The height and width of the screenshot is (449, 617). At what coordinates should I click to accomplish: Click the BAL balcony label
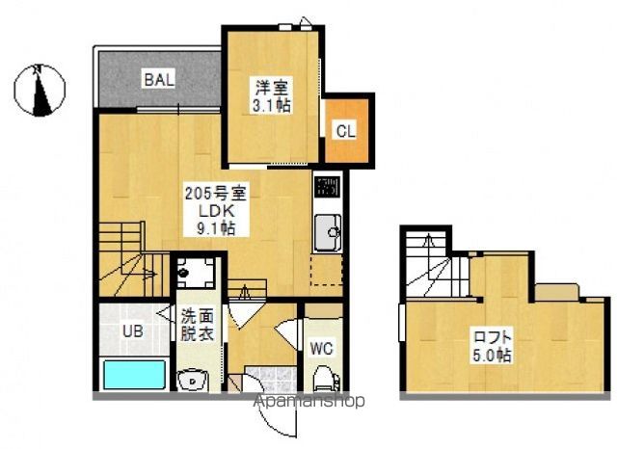pos(159,80)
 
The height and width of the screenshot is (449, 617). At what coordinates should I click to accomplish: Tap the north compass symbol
pos(40,91)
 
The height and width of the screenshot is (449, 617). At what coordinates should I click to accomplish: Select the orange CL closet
pos(347,130)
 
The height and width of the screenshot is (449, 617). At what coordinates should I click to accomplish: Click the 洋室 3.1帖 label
pos(272,96)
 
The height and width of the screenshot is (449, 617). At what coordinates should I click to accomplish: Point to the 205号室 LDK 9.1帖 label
pos(216,211)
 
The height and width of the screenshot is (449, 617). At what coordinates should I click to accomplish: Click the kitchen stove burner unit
pos(327,186)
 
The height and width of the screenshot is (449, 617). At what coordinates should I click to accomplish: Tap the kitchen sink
pos(328,232)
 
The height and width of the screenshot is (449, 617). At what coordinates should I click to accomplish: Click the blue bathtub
pos(134,375)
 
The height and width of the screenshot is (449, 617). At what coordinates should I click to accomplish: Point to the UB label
pos(133,331)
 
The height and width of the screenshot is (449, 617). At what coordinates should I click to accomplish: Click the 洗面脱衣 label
pos(198,325)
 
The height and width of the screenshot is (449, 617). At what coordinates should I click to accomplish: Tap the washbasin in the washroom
pos(193,381)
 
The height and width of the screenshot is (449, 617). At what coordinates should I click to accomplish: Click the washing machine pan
pos(195,273)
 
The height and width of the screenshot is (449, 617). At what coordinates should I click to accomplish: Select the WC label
pos(322,349)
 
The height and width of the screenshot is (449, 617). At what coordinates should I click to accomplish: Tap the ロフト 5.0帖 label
pos(493,346)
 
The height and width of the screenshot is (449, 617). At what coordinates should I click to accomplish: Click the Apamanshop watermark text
pos(309,401)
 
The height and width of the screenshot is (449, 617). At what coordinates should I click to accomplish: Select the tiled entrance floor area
pos(270,379)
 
